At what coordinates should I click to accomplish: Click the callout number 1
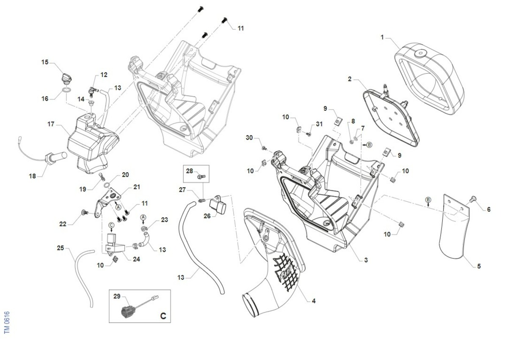click(x=382, y=38)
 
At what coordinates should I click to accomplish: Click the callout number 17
click(x=51, y=124)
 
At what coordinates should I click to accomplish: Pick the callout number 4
click(x=313, y=301)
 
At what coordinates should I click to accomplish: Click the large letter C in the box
click(x=163, y=316)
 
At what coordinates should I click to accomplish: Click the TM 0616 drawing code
click(x=6, y=323)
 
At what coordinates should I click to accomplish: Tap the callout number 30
click(x=249, y=138)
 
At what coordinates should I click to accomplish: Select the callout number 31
click(x=319, y=124)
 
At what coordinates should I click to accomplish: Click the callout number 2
click(x=350, y=79)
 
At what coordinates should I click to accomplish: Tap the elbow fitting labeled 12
click(x=92, y=89)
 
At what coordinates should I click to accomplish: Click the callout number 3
click(x=366, y=260)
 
